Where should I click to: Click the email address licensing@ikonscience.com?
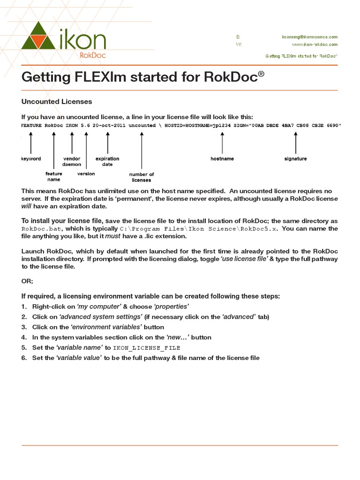click(309, 37)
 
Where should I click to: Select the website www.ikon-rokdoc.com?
click(315, 45)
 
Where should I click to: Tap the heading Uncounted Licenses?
click(57, 101)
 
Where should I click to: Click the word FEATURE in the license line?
click(31, 126)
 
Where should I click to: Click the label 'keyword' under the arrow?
click(31, 159)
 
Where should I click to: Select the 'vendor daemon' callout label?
click(72, 162)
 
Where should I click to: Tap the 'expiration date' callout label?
click(107, 162)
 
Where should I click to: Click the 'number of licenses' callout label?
click(142, 177)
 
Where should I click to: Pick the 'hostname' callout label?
click(222, 159)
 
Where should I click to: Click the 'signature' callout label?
click(295, 159)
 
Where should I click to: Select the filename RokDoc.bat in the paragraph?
click(38, 229)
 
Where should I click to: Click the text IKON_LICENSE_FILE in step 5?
click(147, 348)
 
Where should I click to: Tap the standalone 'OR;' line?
click(27, 281)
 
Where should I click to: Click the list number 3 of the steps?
click(24, 327)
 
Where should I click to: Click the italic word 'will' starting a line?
click(26, 206)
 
